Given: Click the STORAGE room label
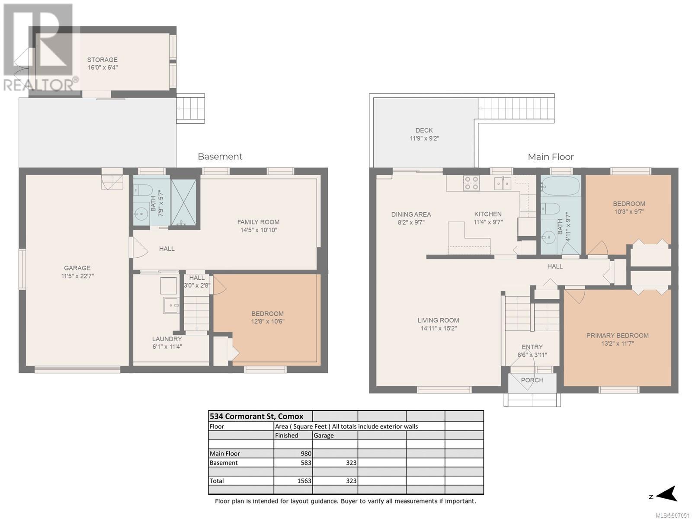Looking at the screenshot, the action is pos(102,60).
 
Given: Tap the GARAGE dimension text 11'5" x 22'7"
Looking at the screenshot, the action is pos(77,276).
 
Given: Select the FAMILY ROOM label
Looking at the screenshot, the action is pos(258,222).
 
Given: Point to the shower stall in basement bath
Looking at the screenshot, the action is pos(183,202).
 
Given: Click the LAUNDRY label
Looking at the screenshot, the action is pos(167,339).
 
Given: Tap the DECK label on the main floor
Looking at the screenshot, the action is pos(424,130).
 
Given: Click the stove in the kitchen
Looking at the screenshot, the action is pos(471,183).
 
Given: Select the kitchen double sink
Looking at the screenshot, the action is pos(503,184).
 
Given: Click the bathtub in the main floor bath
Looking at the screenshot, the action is pos(561,186).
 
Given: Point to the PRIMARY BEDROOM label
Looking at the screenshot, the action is pos(617,336).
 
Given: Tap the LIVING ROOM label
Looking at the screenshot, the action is pos(438,320).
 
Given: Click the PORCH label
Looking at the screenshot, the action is pos(532,380).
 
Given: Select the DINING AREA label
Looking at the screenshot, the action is pos(411,214).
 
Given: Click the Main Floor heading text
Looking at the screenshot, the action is pos(551,157).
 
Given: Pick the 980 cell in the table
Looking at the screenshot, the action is pos(306,453).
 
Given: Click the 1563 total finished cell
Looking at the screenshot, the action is pos(304,481).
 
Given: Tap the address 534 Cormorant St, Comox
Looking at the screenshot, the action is pos(256,416).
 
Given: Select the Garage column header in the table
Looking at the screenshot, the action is pos(324,435).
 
